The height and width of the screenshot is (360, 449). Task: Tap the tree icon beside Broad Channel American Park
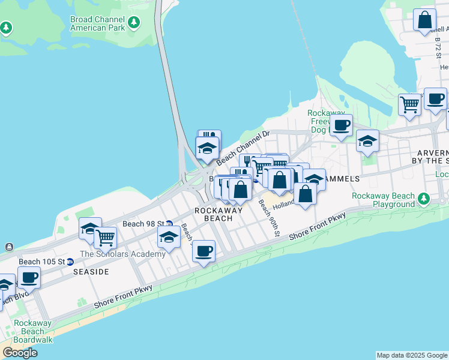[134, 23]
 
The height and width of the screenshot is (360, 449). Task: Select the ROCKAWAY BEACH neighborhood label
[218, 214]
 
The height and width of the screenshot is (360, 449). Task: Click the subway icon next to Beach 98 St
[170, 224]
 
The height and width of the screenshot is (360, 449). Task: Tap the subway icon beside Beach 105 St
[70, 262]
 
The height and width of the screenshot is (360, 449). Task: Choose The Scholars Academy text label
[122, 254]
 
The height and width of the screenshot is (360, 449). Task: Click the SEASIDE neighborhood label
[91, 272]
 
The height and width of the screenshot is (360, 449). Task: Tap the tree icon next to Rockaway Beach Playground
[424, 197]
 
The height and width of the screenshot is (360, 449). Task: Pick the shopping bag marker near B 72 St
[424, 20]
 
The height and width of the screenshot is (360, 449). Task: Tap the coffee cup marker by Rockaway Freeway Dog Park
[341, 125]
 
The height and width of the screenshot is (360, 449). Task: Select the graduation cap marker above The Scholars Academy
[169, 238]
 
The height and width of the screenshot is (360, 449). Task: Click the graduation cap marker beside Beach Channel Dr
[207, 148]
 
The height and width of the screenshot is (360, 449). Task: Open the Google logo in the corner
[20, 353]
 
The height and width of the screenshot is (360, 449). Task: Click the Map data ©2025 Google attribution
[412, 355]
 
